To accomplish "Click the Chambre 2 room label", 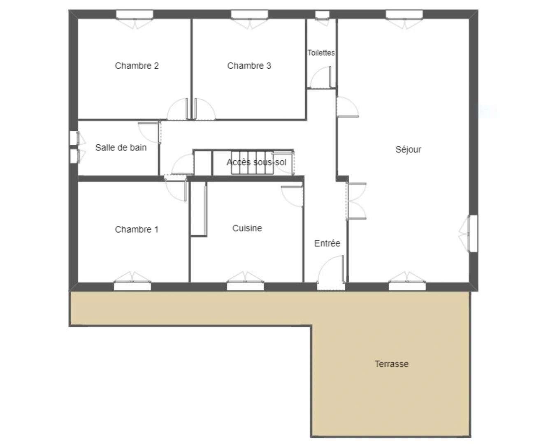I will click(137, 66).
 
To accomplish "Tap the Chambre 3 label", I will click(249, 66).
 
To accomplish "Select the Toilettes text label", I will click(321, 53).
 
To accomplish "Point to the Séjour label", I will click(408, 150).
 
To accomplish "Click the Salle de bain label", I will click(121, 148).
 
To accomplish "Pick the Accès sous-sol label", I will click(256, 162).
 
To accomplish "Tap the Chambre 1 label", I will click(137, 229).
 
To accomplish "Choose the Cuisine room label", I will click(247, 228).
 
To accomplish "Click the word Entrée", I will click(327, 243).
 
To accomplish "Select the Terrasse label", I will click(391, 364).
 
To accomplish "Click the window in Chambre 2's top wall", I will click(135, 15).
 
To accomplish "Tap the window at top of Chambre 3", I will click(249, 15).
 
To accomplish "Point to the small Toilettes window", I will click(322, 15).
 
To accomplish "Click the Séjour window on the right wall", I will click(473, 233).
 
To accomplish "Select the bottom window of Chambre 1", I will click(132, 286).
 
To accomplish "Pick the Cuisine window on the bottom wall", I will click(246, 286).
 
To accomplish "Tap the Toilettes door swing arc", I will click(320, 79).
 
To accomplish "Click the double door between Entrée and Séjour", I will click(355, 201).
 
